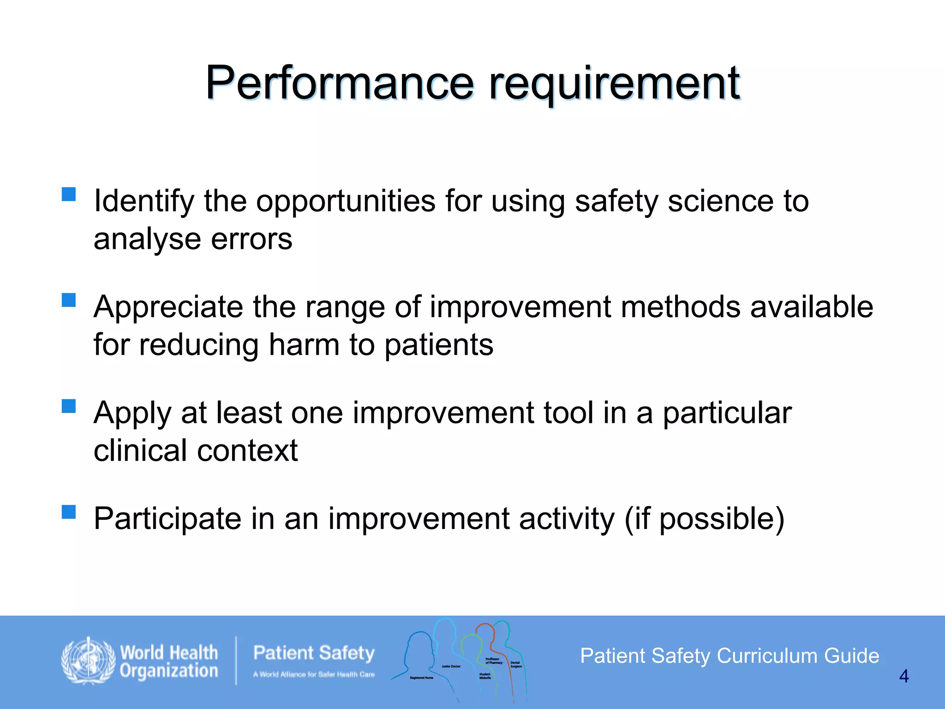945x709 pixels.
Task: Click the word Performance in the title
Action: [339, 83]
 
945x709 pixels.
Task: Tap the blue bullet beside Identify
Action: [69, 194]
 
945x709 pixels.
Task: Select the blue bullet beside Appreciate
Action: [69, 300]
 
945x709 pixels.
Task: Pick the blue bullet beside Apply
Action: [69, 406]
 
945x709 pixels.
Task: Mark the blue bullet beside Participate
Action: [69, 512]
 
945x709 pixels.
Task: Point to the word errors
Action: [251, 239]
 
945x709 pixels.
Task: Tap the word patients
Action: [439, 345]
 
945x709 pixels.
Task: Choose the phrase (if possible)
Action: [704, 519]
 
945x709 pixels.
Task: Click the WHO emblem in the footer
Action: [88, 661]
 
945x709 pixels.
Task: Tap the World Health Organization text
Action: [168, 661]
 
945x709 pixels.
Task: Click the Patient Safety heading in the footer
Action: [314, 653]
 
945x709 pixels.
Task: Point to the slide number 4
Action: [903, 676]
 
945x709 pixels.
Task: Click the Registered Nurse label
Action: [421, 678]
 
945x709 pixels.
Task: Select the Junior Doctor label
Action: [451, 666]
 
